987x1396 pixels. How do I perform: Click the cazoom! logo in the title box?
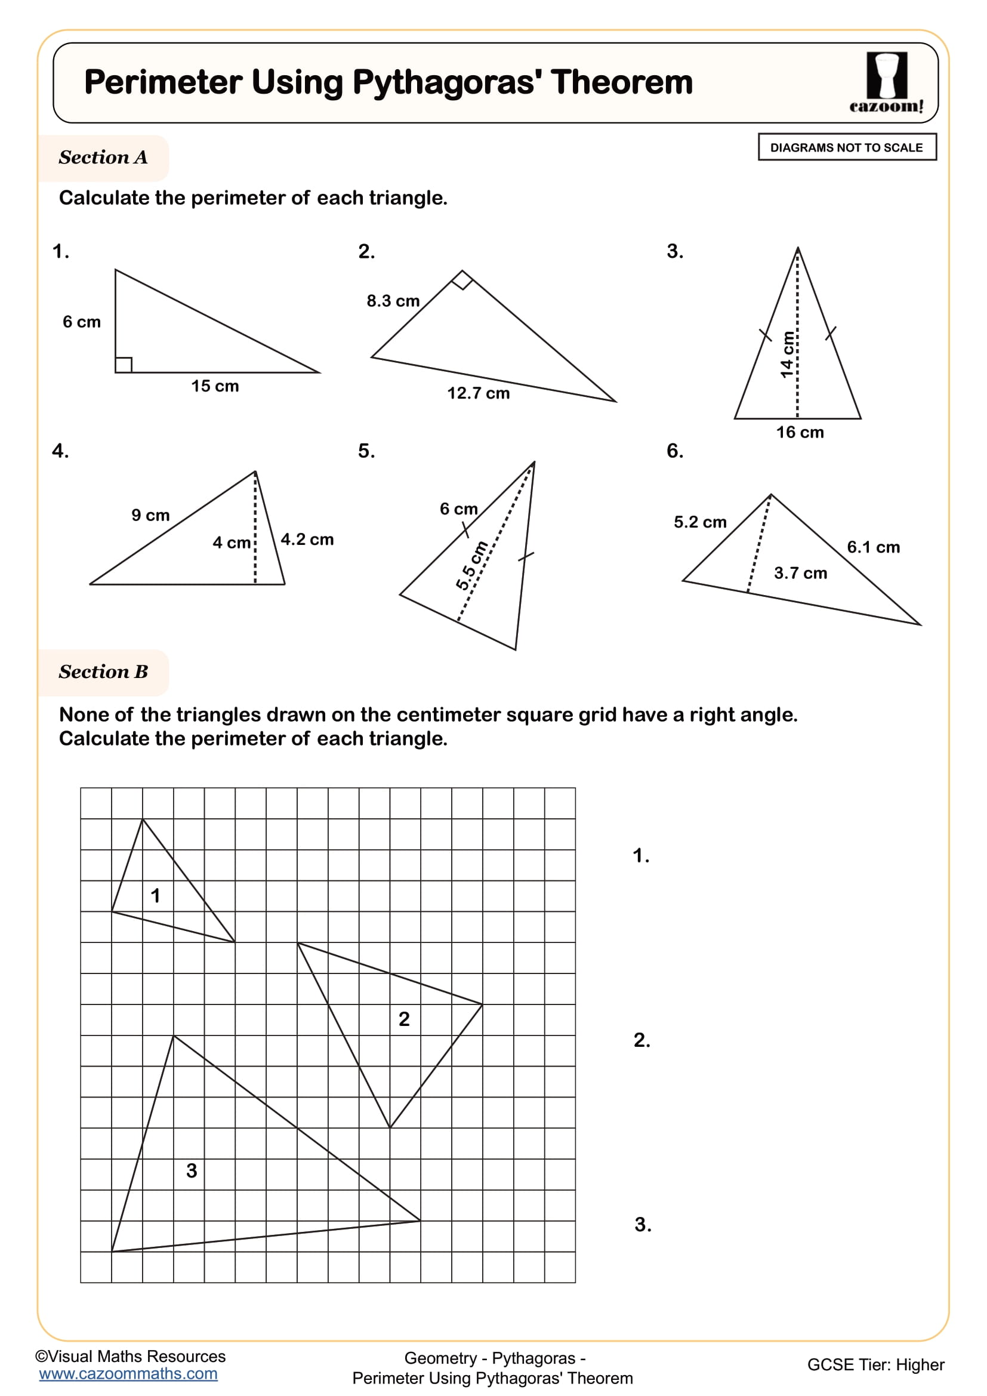(886, 83)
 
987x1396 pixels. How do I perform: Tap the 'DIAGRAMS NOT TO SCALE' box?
(847, 147)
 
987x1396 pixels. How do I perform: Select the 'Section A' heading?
(103, 158)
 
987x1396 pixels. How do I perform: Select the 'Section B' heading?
(103, 672)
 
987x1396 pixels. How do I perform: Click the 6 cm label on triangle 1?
(81, 322)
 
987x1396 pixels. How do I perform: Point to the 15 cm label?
(215, 386)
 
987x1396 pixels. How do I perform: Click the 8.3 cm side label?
(393, 301)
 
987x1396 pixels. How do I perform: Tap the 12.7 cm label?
(479, 393)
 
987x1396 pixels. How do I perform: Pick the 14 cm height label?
(788, 355)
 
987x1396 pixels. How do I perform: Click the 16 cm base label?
(800, 432)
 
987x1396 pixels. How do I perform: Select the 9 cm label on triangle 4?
(150, 516)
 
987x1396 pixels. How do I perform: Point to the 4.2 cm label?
(307, 540)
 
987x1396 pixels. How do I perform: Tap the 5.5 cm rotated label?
(471, 565)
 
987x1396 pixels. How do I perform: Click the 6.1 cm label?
(874, 547)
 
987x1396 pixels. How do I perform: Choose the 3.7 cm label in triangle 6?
(800, 573)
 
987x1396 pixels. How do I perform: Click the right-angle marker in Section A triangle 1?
(124, 365)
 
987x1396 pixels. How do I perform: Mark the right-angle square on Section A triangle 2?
(462, 281)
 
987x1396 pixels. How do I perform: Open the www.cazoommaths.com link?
(128, 1373)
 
